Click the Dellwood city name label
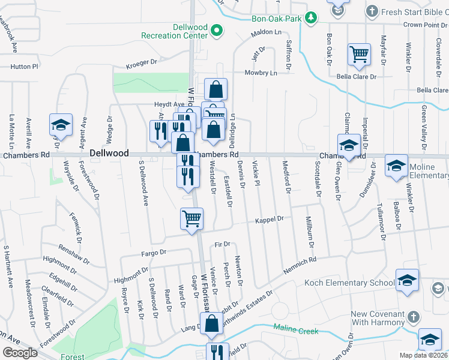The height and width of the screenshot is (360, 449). [109, 154]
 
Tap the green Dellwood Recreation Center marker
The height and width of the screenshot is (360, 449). [217, 29]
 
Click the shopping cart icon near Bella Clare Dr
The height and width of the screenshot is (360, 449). [359, 55]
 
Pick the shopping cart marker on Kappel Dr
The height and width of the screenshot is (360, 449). [191, 219]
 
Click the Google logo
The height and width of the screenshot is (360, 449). [20, 353]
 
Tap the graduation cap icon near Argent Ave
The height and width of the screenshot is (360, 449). [61, 125]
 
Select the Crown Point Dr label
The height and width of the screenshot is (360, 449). [424, 25]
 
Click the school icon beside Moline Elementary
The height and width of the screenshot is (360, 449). [397, 166]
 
